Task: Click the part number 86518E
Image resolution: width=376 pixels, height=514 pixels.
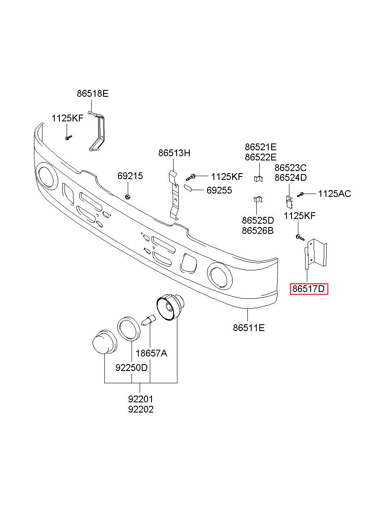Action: click(93, 94)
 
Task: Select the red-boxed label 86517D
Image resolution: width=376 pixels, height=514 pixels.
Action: click(309, 289)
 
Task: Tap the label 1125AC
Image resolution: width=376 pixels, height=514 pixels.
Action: click(334, 194)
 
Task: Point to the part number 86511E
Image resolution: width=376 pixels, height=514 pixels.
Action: click(249, 328)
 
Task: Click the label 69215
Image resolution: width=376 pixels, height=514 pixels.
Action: click(130, 176)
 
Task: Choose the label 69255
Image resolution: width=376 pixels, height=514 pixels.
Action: click(219, 190)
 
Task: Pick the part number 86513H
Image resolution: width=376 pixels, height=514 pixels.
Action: click(174, 153)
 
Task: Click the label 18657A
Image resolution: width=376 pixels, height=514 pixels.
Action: click(151, 353)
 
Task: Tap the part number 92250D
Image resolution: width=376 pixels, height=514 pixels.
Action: click(131, 368)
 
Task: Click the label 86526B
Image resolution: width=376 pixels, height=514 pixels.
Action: click(258, 230)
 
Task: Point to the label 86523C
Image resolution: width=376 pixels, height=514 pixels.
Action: click(290, 168)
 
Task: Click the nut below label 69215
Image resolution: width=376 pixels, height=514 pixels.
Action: click(127, 197)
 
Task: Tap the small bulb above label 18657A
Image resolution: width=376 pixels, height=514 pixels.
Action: click(149, 320)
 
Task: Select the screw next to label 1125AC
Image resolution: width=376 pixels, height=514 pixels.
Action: click(300, 194)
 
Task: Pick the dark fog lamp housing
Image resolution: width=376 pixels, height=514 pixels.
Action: click(170, 308)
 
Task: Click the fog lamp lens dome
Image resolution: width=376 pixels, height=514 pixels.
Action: click(104, 343)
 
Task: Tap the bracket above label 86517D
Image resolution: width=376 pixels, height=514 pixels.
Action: click(315, 253)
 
